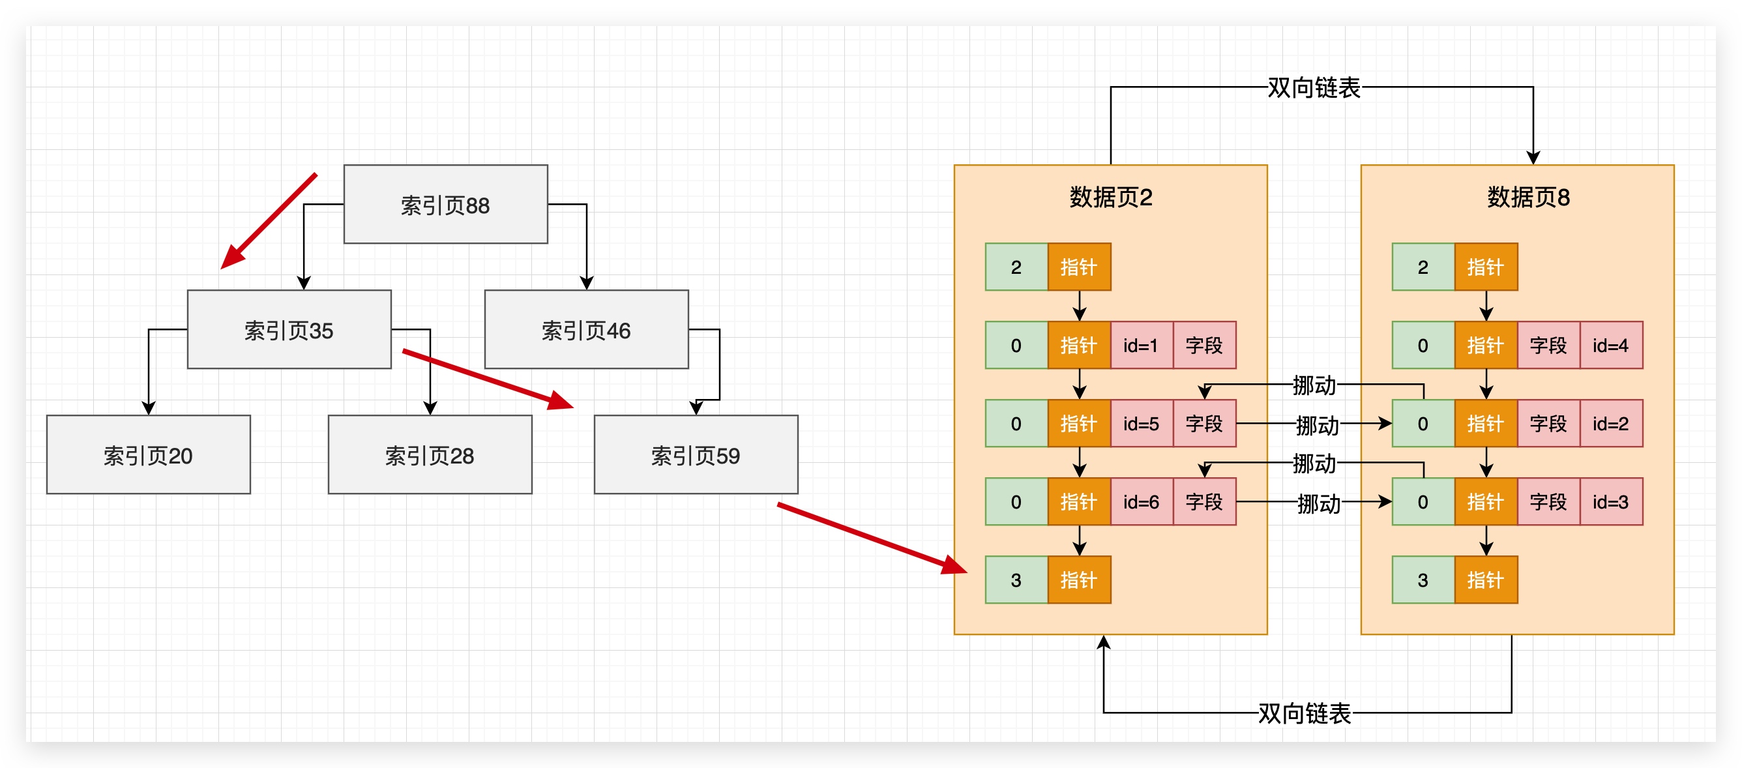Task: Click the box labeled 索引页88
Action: click(445, 204)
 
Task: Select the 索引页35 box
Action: click(289, 329)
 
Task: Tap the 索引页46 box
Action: click(585, 329)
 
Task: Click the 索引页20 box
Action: click(148, 454)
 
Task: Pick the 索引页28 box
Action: click(430, 454)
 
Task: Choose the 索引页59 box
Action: click(695, 454)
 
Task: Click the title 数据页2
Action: click(1110, 198)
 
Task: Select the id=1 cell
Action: click(1141, 346)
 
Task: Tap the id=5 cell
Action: click(1141, 424)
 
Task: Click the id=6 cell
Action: click(1141, 501)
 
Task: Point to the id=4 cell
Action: click(1610, 346)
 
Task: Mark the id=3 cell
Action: click(1610, 501)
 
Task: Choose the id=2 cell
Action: click(1610, 424)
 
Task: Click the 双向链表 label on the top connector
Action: click(1312, 88)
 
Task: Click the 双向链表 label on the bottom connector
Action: click(1304, 713)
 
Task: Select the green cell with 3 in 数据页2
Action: click(1016, 580)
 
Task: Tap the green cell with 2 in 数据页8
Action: click(1422, 267)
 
